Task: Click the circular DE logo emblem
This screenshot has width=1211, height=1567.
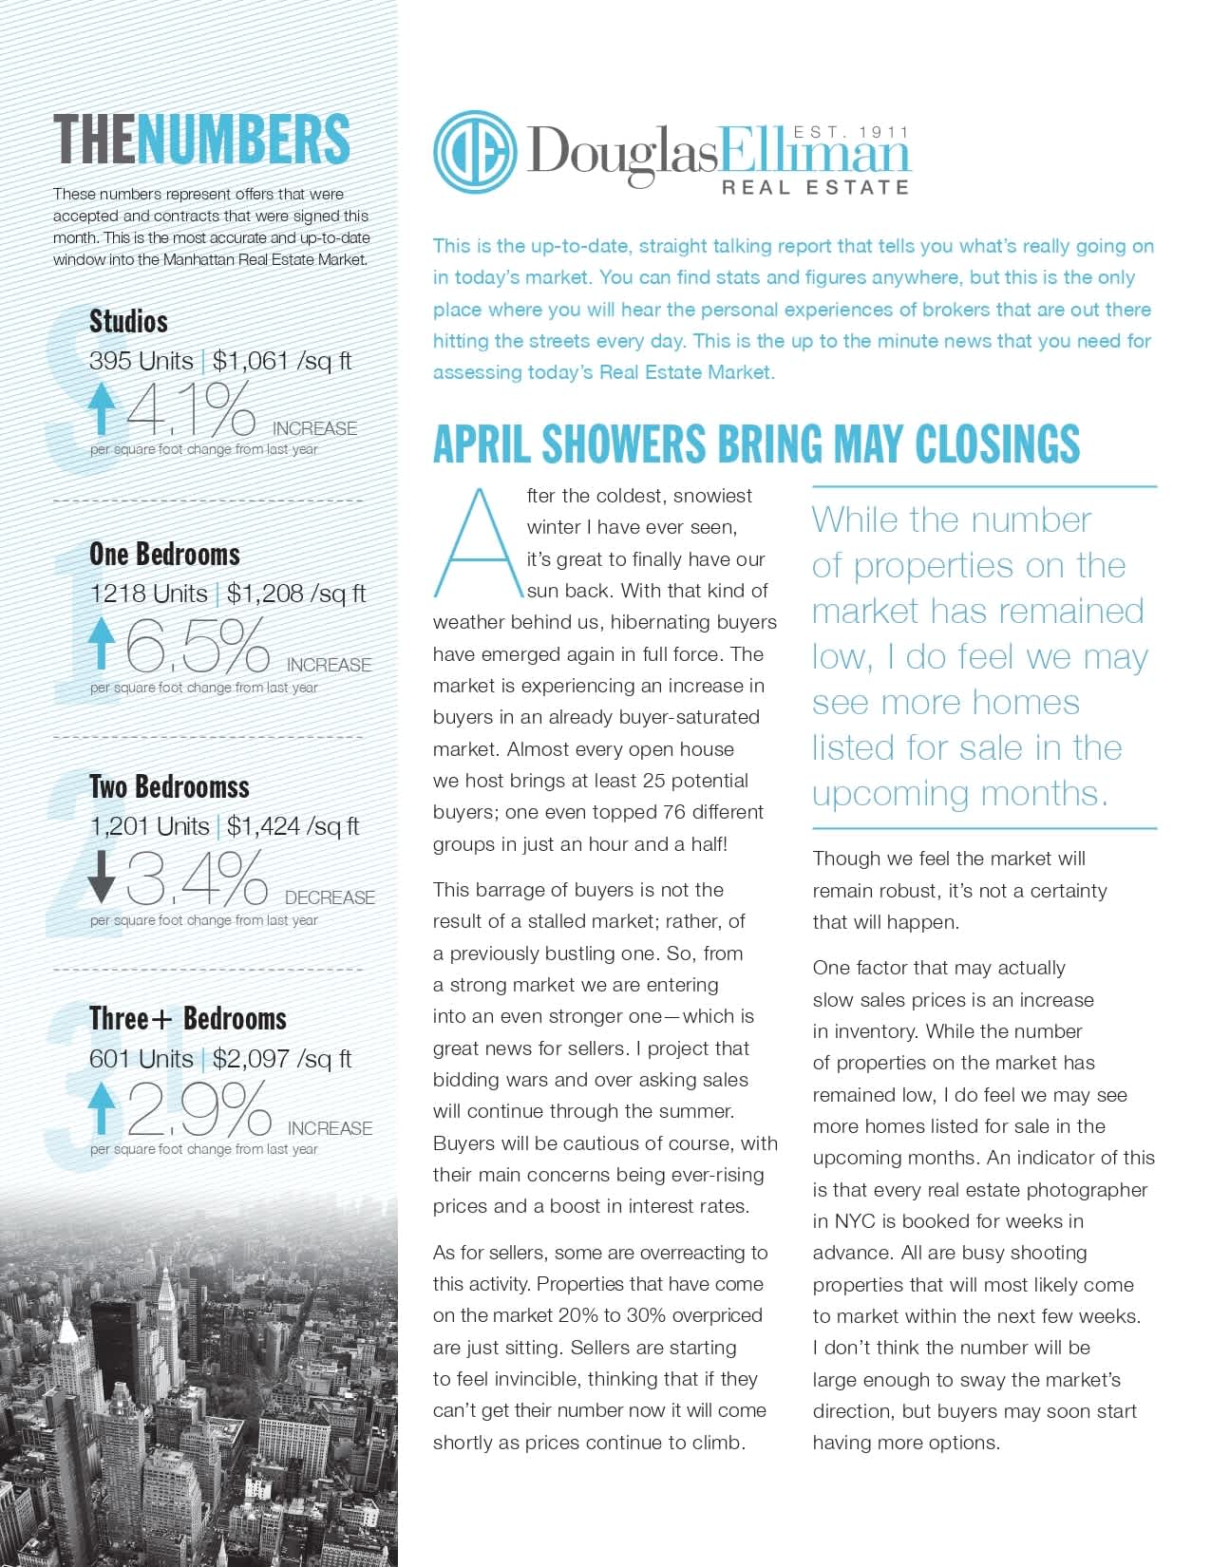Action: (x=475, y=153)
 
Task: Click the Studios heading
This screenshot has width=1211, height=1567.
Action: (x=128, y=321)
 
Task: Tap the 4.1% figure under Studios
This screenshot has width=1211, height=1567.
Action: (x=191, y=409)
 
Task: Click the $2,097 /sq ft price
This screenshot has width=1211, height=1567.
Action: (x=281, y=1058)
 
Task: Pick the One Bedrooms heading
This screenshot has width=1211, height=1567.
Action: (x=164, y=554)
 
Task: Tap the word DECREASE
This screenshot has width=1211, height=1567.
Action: (x=330, y=897)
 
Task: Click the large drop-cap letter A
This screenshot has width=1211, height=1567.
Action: (x=479, y=542)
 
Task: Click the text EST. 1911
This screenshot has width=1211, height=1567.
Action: (x=851, y=132)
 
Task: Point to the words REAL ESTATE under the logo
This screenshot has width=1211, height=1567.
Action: (x=815, y=187)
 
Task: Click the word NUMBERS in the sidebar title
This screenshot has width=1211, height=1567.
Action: (x=243, y=139)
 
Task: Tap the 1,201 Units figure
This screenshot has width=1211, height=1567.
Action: (x=149, y=826)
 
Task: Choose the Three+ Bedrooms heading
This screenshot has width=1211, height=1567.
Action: (x=187, y=1018)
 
